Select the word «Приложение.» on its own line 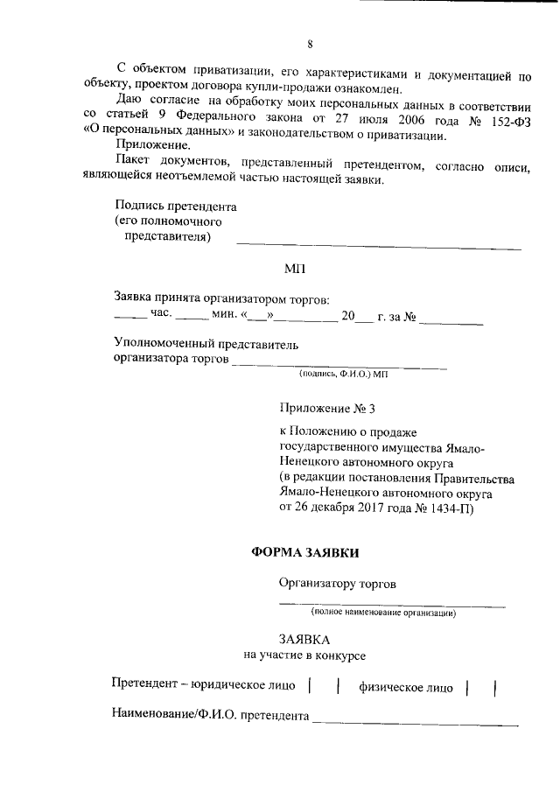[148, 144]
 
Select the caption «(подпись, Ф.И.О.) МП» [342, 374]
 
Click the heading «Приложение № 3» [327, 408]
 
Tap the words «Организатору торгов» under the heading [331, 584]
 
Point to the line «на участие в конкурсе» [305, 655]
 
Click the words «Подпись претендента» [176, 207]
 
